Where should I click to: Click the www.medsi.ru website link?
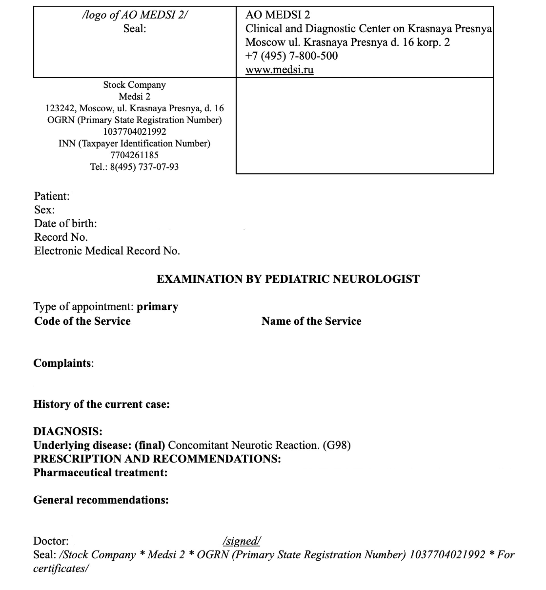[279, 69]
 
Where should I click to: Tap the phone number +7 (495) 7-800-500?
[291, 56]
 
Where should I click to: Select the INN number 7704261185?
[135, 155]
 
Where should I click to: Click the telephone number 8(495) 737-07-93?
[144, 167]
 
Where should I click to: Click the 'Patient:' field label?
[52, 196]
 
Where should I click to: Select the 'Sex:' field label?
[44, 210]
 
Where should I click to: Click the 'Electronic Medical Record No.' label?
[107, 251]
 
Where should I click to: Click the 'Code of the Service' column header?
[82, 321]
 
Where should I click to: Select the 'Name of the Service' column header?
[311, 321]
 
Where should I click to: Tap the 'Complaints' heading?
[62, 363]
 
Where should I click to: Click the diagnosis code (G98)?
[336, 445]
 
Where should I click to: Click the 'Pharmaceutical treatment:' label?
[100, 472]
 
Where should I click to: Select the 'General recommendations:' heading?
[101, 500]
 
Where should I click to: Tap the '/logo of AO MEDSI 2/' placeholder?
[135, 15]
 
